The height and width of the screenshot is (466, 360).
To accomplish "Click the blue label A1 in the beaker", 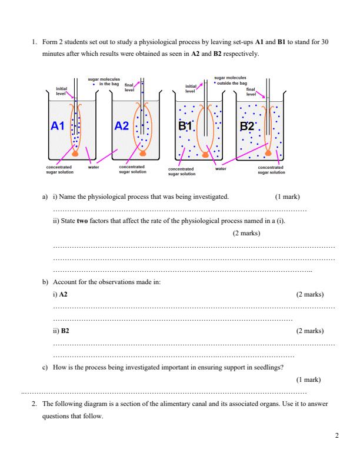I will point(57,126).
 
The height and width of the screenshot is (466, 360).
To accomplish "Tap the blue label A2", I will point(122,126).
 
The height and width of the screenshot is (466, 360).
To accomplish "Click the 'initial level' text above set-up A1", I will point(62,91).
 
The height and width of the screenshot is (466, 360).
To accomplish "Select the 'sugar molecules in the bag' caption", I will point(104,81).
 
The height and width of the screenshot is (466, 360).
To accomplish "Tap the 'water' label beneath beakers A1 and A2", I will point(93,167).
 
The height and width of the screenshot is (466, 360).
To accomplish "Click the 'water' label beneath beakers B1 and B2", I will point(221,168).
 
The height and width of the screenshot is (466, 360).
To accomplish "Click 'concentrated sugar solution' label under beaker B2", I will point(271,169).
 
